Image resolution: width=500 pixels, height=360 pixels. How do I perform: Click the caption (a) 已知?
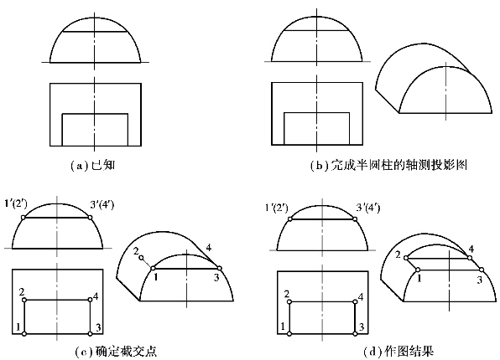92,166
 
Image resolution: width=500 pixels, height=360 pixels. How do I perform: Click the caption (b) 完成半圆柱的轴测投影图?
388,166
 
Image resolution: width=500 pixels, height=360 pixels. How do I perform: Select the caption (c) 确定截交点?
116,352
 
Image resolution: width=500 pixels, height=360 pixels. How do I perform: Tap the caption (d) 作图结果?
398,352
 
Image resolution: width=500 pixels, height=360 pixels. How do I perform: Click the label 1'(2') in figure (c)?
16,203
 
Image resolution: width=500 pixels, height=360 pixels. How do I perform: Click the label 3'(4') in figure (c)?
102,204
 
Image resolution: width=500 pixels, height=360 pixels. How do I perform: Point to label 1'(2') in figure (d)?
277,208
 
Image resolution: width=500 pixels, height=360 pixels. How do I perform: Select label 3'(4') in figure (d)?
367,208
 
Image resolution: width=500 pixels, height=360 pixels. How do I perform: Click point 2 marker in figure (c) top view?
24,301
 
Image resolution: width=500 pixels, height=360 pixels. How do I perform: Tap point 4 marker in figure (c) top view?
91,301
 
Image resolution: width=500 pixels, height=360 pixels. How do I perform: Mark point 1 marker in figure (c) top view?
24,333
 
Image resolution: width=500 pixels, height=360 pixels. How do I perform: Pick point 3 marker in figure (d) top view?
355,333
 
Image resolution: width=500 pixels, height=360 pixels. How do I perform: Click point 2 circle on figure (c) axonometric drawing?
142,258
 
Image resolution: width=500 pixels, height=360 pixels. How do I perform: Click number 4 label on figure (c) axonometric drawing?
209,247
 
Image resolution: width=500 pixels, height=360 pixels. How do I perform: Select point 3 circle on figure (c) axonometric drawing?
220,269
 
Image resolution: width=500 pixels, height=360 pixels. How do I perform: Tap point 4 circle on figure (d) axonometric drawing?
470,258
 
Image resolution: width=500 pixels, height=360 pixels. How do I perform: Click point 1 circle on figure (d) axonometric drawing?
418,270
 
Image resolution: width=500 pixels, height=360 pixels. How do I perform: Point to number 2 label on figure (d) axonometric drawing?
398,255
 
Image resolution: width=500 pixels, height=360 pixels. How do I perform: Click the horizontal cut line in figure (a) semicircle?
95,32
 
